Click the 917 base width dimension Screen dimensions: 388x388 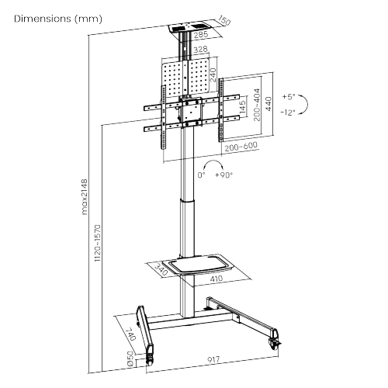point(206,360)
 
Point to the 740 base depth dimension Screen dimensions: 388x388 point(130,335)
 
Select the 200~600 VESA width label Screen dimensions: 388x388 point(241,146)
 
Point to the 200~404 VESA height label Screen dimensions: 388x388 point(257,114)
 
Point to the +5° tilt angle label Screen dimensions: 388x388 point(289,98)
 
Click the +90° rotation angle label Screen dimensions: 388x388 point(224,175)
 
